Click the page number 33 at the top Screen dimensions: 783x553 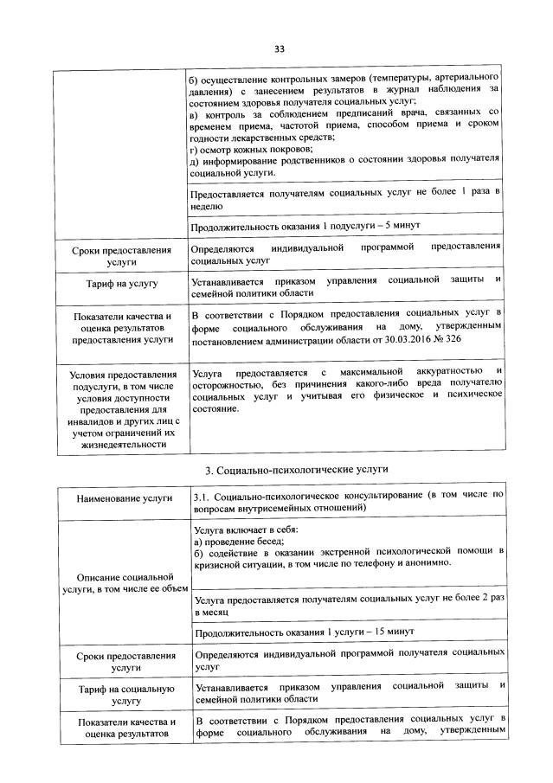(x=279, y=48)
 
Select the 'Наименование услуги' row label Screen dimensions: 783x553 (x=122, y=499)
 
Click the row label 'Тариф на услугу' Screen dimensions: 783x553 (x=121, y=283)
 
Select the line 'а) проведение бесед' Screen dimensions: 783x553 (x=233, y=539)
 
